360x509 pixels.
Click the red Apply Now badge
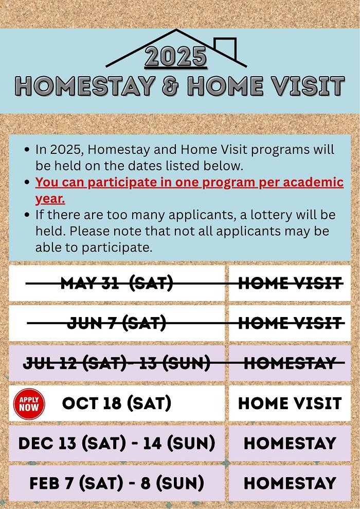[x=29, y=404]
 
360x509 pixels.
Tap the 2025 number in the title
[x=176, y=57]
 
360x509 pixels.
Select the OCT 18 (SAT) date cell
[x=116, y=403]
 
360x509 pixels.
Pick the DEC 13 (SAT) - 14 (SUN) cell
[x=117, y=444]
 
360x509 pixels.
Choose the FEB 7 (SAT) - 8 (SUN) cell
[x=117, y=483]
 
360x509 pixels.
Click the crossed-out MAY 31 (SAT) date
[x=117, y=283]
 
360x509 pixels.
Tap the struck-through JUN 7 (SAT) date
[x=117, y=323]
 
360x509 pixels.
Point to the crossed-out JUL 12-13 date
[x=117, y=363]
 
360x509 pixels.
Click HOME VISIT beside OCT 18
[x=290, y=403]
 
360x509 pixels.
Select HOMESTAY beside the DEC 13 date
[x=290, y=444]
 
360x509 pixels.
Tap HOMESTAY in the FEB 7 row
[x=290, y=483]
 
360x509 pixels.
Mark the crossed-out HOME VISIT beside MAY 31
[x=290, y=283]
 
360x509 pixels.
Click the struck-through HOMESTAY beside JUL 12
[x=290, y=363]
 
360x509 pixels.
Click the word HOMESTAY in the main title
[x=85, y=86]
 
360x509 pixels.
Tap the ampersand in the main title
[x=171, y=86]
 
